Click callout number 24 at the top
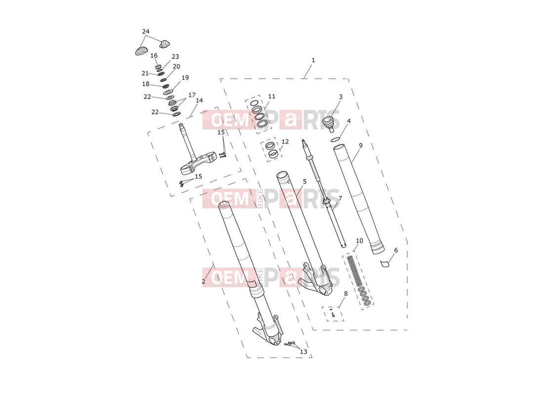click(146, 32)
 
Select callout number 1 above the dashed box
click(313, 60)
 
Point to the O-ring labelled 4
click(335, 139)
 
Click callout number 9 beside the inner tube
click(360, 145)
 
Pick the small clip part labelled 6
click(385, 264)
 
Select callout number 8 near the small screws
click(346, 294)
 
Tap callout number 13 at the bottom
click(303, 352)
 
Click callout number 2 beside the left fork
click(203, 281)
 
